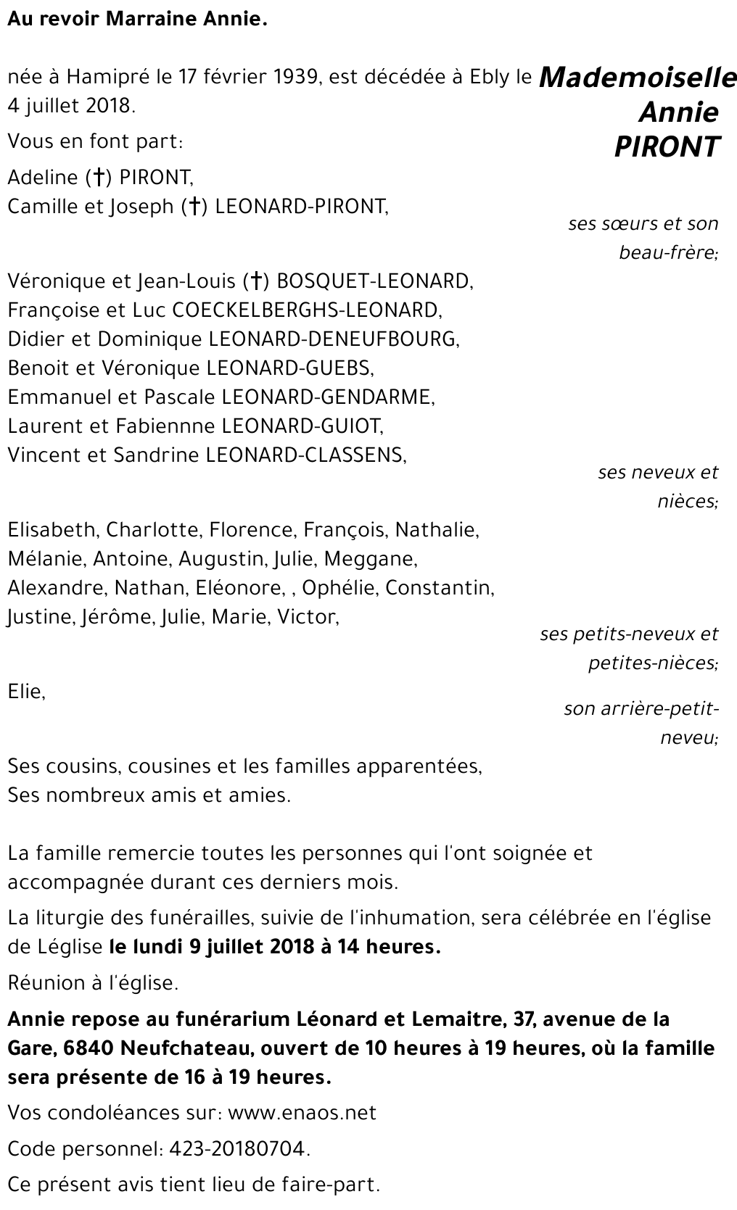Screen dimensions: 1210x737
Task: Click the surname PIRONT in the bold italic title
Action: click(667, 146)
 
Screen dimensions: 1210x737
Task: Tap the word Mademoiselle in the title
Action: click(638, 78)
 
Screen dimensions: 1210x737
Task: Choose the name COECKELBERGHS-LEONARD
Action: click(305, 310)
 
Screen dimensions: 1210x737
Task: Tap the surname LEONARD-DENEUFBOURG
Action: click(334, 339)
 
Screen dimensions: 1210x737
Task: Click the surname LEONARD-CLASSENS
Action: click(305, 455)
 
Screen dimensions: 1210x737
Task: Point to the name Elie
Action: click(26, 692)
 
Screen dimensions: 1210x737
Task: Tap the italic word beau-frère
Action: click(668, 253)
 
